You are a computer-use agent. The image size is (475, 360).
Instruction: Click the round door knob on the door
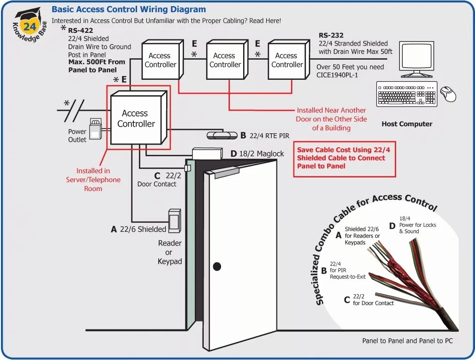217,267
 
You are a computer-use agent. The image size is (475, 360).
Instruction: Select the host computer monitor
417,57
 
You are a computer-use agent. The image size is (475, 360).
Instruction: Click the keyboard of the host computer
406,94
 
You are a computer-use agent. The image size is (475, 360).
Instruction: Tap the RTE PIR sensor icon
222,135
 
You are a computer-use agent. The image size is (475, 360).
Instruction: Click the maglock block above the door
207,153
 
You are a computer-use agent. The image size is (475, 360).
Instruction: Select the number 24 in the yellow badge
30,27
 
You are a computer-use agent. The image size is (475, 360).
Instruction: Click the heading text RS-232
331,35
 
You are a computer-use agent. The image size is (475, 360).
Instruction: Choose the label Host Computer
406,124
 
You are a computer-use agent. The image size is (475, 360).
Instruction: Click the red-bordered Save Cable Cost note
344,159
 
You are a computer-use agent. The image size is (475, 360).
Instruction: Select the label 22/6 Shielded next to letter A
143,229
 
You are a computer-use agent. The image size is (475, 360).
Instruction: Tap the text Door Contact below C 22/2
157,184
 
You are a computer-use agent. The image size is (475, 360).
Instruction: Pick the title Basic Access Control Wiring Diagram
129,9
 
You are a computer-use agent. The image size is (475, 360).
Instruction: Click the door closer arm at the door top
224,172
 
